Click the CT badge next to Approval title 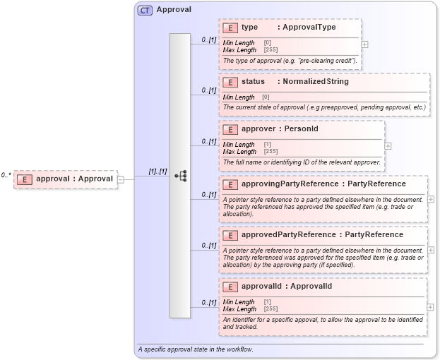pyautogui.click(x=145, y=11)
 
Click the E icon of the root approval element pyautogui.click(x=24, y=179)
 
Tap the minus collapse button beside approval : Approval pyautogui.click(x=121, y=179)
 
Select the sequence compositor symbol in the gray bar pyautogui.click(x=180, y=176)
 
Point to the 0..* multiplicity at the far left pyautogui.click(x=6, y=174)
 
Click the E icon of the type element pyautogui.click(x=230, y=28)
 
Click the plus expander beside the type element pyautogui.click(x=364, y=44)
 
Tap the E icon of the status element pyautogui.click(x=230, y=82)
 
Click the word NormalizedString pyautogui.click(x=316, y=82)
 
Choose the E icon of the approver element pyautogui.click(x=230, y=130)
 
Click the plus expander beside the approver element pyautogui.click(x=388, y=146)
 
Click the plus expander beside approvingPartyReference pyautogui.click(x=431, y=200)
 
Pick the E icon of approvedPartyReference pyautogui.click(x=230, y=235)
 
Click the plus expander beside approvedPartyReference pyautogui.click(x=431, y=250)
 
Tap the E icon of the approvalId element pyautogui.click(x=230, y=287)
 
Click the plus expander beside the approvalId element pyautogui.click(x=431, y=306)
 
